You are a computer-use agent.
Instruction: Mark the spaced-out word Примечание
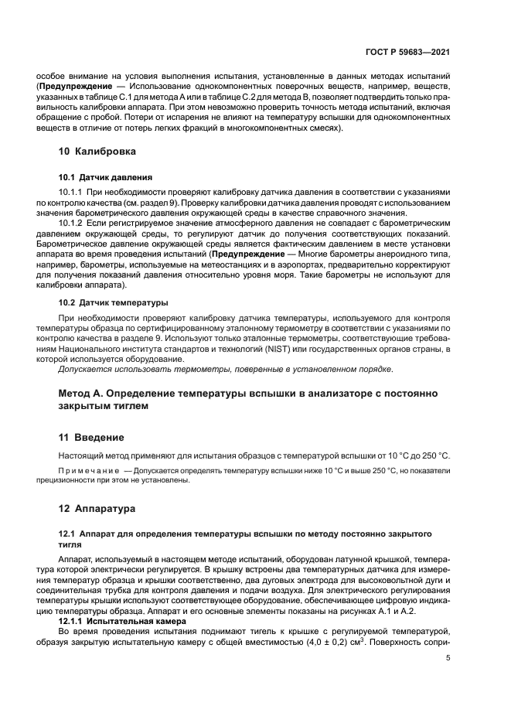tap(86, 470)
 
